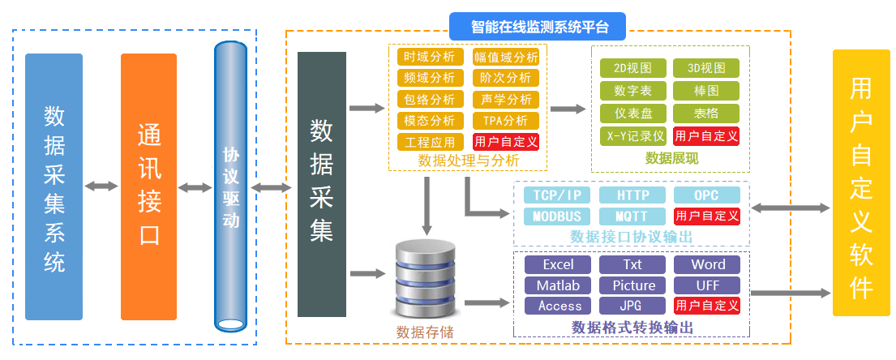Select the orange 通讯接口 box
[148, 186]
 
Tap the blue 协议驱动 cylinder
[230, 186]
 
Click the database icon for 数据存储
[425, 280]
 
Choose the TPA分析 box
[504, 120]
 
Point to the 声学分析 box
[504, 99]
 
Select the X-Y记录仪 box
[632, 135]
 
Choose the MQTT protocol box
[632, 216]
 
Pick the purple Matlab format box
[558, 285]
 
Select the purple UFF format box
[707, 285]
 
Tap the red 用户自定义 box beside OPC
[707, 216]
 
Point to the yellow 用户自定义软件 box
[861, 182]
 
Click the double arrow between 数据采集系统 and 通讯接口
[101, 186]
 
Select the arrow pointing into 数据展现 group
[568, 108]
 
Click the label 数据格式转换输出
[632, 328]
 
